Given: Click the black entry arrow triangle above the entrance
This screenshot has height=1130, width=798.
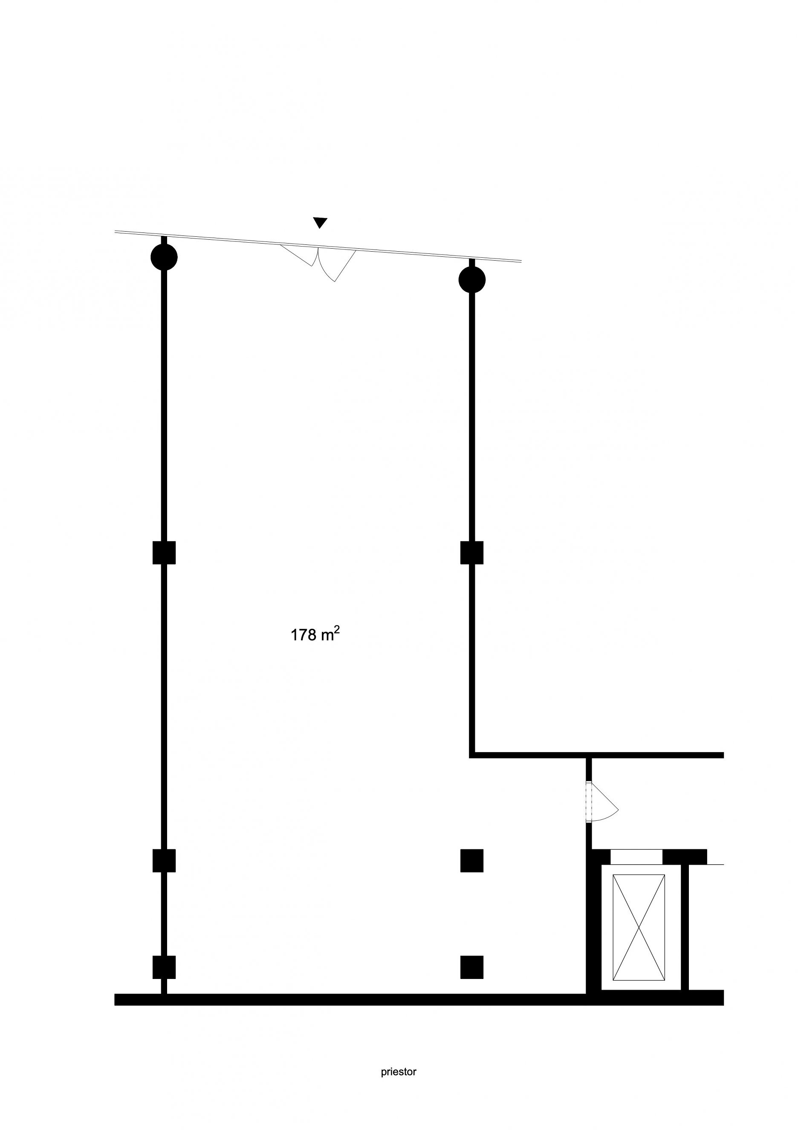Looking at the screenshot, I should [x=320, y=222].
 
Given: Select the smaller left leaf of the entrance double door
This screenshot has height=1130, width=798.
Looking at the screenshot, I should [x=297, y=255].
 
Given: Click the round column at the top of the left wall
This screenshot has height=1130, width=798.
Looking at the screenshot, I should [x=164, y=256].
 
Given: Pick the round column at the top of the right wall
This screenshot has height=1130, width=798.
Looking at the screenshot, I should [x=471, y=279].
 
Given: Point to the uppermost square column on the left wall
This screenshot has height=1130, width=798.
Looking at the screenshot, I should [x=164, y=552].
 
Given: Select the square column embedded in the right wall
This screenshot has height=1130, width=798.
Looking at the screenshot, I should [x=471, y=552].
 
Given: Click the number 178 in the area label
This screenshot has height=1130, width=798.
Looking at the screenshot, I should [x=304, y=635].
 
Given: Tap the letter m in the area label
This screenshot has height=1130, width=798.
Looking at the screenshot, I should [x=327, y=636].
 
